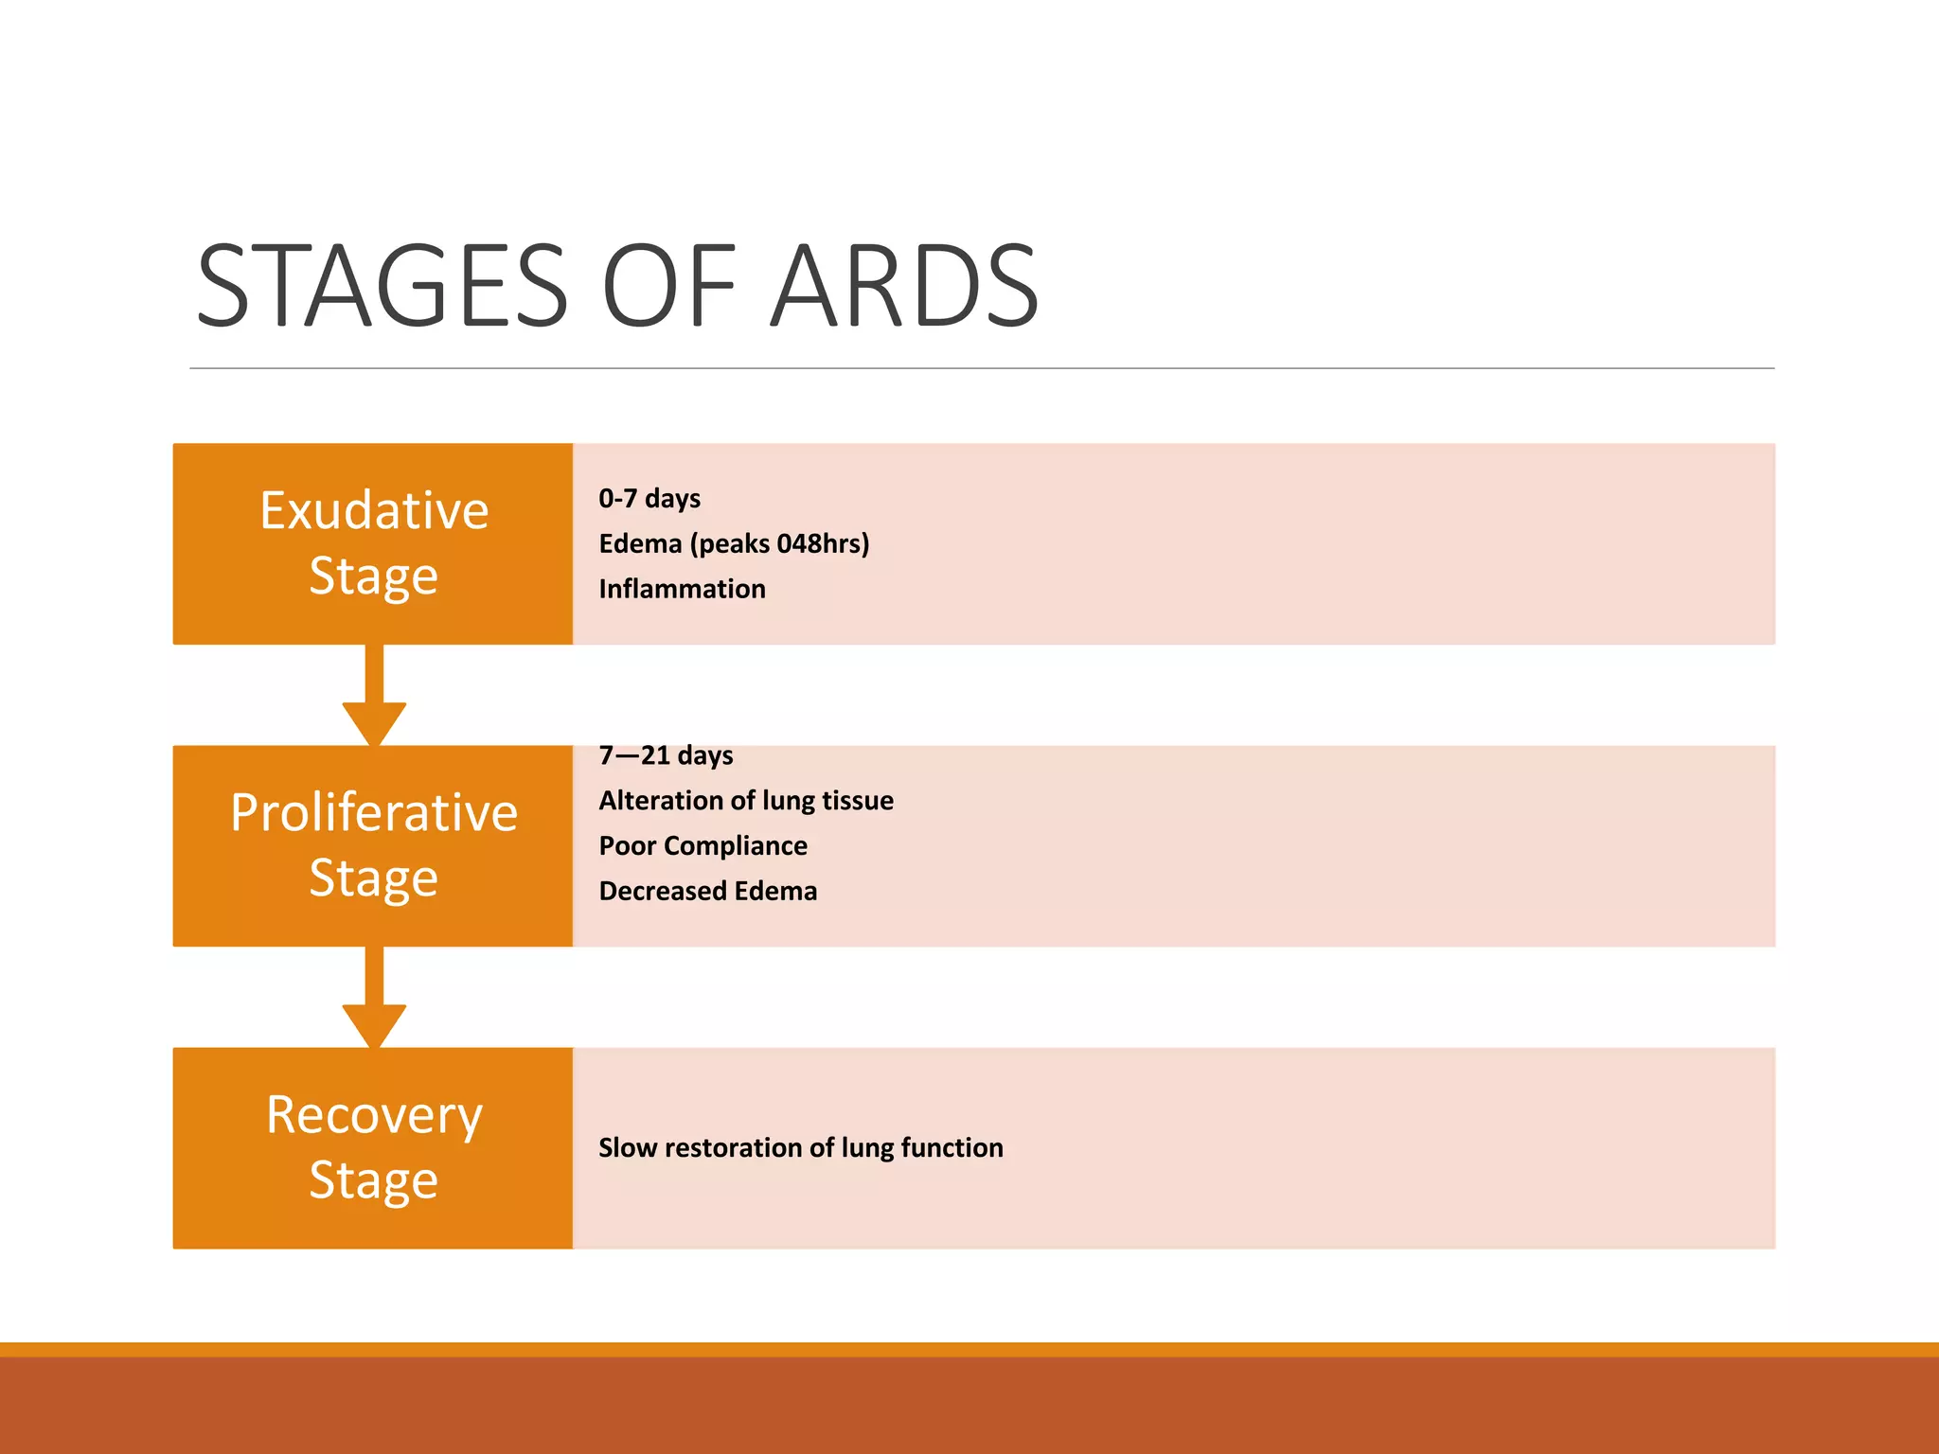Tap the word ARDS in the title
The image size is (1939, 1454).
pyautogui.click(x=904, y=286)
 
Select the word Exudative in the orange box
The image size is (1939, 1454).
pyautogui.click(x=374, y=511)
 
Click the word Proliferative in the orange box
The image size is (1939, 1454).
pyautogui.click(x=374, y=813)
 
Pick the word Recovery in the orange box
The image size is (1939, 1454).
pyautogui.click(x=374, y=1115)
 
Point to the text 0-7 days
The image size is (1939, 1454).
pyautogui.click(x=649, y=499)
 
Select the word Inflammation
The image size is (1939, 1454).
pyautogui.click(x=682, y=589)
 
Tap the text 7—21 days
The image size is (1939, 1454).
pyautogui.click(x=666, y=755)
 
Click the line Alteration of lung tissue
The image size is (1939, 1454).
pyautogui.click(x=746, y=801)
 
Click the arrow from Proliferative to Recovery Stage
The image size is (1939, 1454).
pyautogui.click(x=375, y=1000)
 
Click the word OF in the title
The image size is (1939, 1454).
pyautogui.click(x=668, y=286)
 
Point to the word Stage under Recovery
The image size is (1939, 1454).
pyautogui.click(x=374, y=1180)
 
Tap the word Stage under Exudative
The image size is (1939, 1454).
pyautogui.click(x=374, y=576)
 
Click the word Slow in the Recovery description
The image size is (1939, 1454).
pyautogui.click(x=627, y=1148)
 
